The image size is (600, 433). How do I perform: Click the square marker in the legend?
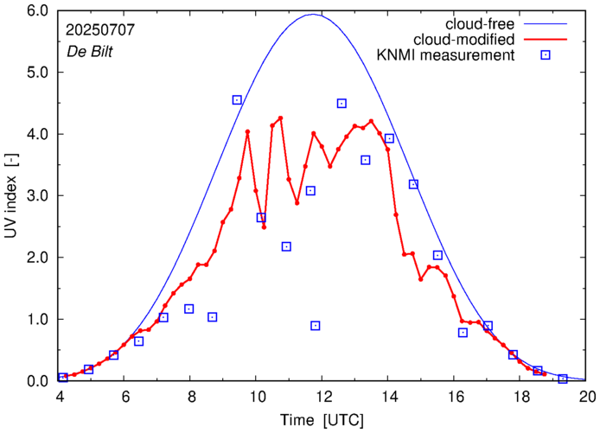pyautogui.click(x=546, y=56)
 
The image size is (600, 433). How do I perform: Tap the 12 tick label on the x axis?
pyautogui.click(x=323, y=397)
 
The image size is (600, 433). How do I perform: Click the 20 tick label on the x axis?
pyautogui.click(x=587, y=397)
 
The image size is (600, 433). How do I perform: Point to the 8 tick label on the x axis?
pyautogui.click(x=191, y=397)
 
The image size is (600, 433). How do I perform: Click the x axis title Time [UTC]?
pyautogui.click(x=322, y=419)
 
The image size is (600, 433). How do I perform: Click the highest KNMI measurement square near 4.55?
pyautogui.click(x=237, y=100)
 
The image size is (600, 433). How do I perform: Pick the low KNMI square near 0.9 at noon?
pyautogui.click(x=316, y=326)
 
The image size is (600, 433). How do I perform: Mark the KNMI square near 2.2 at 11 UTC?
pyautogui.click(x=286, y=247)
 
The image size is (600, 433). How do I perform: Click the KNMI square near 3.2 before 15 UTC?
pyautogui.click(x=413, y=184)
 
